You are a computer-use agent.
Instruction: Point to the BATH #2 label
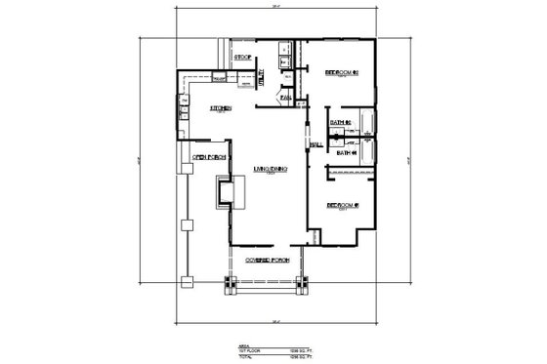[340, 121]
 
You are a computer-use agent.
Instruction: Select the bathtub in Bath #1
[368, 153]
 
